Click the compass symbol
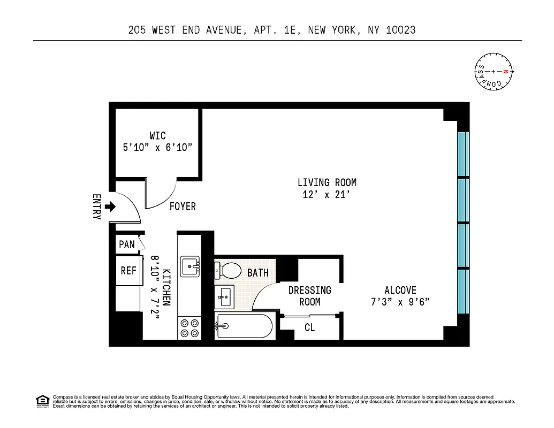[494, 72]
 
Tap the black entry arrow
[111, 207]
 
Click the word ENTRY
[97, 207]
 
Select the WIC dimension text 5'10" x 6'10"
[158, 148]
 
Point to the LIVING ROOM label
[327, 182]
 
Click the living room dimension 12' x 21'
[327, 195]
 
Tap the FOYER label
[183, 207]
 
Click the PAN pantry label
[127, 244]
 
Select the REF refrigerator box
[128, 271]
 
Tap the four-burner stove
[189, 327]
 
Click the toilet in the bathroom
[229, 270]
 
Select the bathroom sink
[224, 296]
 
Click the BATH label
[257, 273]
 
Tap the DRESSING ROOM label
[309, 296]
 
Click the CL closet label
[309, 327]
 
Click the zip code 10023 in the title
[398, 30]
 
